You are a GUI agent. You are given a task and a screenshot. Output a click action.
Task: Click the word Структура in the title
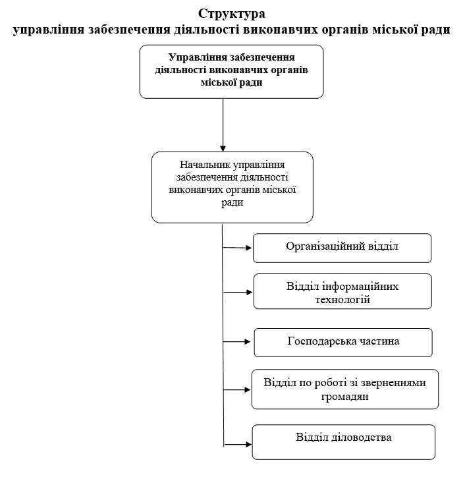coord(232,14)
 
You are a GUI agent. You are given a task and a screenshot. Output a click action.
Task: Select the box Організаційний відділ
coord(342,248)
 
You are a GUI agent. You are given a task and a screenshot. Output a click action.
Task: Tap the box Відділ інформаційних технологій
coord(342,291)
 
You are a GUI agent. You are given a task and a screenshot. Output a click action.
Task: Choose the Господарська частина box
coord(343,343)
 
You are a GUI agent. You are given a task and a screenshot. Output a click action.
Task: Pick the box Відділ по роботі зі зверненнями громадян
coord(345,389)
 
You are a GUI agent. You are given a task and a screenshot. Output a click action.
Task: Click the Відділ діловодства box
coord(344,442)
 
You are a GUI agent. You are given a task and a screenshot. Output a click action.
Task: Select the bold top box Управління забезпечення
coord(232,72)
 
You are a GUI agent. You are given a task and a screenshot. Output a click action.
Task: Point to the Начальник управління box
coord(232,187)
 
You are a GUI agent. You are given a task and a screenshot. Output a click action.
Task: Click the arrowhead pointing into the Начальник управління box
coord(223,148)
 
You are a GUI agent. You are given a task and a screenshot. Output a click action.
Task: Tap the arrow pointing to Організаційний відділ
coord(237,248)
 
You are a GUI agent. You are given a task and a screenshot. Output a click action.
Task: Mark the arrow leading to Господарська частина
coord(237,341)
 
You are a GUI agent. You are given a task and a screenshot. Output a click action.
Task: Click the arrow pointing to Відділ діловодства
coord(238,444)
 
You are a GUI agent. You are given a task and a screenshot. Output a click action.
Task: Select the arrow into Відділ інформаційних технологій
coord(238,293)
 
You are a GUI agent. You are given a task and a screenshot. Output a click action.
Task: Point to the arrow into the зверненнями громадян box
coord(237,389)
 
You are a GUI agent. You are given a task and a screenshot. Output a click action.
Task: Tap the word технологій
coord(342,299)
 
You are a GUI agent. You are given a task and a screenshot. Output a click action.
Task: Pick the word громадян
coord(344,397)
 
